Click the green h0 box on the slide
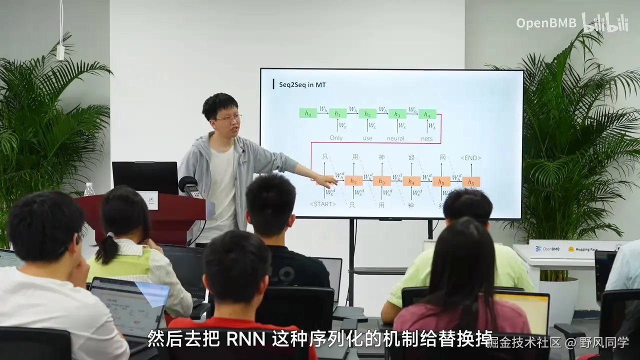point(308,113)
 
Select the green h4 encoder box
point(427,114)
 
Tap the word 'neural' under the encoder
point(395,138)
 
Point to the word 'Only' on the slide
point(336,138)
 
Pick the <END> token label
point(470,158)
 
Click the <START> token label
point(323,204)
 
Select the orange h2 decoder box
point(353,181)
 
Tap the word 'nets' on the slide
point(426,138)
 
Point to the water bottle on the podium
point(89,189)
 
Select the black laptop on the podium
point(145,177)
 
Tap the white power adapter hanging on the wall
point(60,52)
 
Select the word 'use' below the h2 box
point(367,138)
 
